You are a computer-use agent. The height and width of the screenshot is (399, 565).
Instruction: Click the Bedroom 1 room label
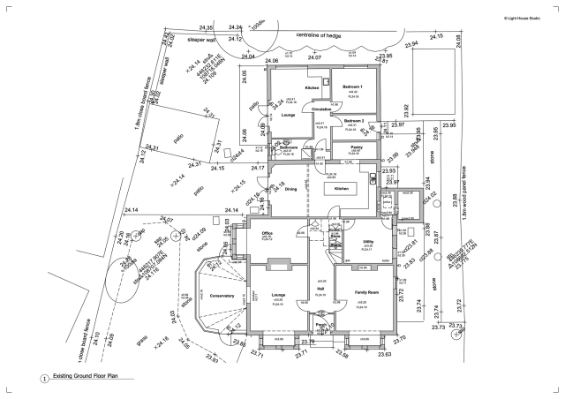pos(352,86)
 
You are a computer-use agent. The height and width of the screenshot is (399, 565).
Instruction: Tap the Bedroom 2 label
pos(353,120)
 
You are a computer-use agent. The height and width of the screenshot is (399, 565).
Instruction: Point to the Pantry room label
pos(357,147)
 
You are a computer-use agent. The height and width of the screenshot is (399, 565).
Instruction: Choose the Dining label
pos(290,189)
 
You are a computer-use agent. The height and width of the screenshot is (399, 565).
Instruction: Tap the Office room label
pos(266,232)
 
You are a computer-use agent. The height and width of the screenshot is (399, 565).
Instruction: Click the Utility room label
pos(369,241)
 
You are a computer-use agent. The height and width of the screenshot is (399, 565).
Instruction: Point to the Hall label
pos(321,288)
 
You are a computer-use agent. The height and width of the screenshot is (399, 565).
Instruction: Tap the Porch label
pos(322,324)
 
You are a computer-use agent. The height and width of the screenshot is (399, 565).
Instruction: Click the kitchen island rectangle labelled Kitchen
pos(342,190)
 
